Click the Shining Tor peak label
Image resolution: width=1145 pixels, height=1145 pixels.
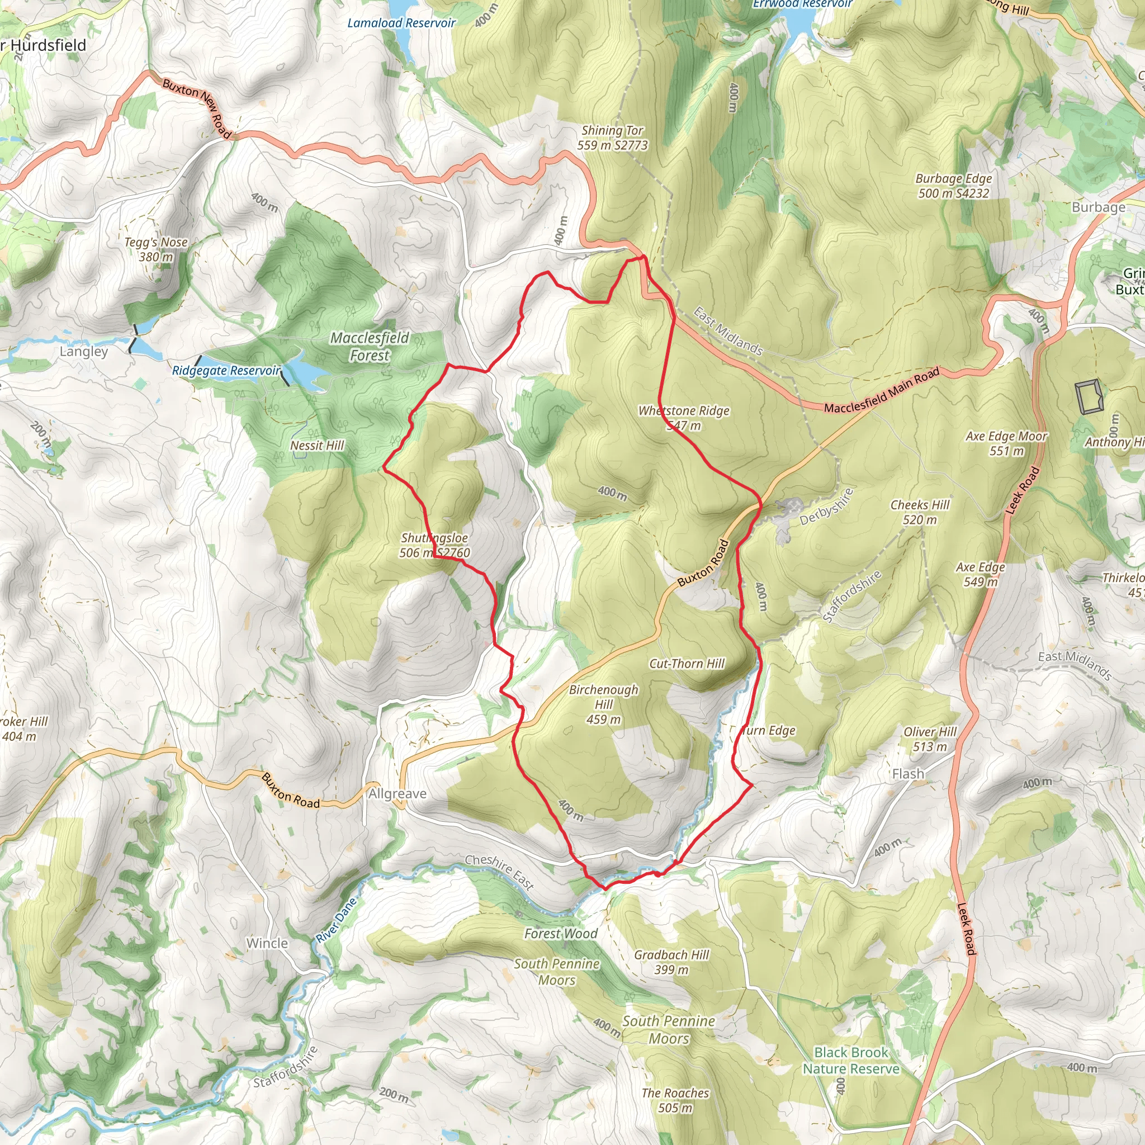[612, 138]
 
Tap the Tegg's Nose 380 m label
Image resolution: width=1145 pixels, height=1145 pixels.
[156, 249]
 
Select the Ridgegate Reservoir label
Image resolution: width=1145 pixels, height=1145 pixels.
[226, 371]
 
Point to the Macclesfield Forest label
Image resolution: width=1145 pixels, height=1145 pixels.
[370, 347]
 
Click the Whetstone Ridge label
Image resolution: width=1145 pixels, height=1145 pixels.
[683, 417]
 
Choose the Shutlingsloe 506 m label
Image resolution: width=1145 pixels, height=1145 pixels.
[434, 545]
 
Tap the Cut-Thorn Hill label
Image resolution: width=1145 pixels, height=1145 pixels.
[687, 664]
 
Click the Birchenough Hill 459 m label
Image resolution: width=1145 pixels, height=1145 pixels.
[603, 704]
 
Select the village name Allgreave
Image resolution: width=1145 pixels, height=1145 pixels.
[397, 793]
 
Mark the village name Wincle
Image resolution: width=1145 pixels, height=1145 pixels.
[267, 943]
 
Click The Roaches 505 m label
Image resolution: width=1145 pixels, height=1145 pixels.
[675, 1100]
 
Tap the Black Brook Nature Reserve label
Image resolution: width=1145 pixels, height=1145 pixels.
[851, 1060]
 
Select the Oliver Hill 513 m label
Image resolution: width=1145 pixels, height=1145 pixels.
[930, 739]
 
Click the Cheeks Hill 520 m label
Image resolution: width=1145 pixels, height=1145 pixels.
[920, 512]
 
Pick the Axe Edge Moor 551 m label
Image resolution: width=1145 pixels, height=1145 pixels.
[1007, 443]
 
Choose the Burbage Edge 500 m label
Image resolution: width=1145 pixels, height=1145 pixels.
[954, 186]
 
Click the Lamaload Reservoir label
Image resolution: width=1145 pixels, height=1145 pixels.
[401, 23]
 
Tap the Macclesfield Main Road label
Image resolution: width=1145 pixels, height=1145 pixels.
[882, 391]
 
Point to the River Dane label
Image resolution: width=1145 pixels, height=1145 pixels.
[337, 920]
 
